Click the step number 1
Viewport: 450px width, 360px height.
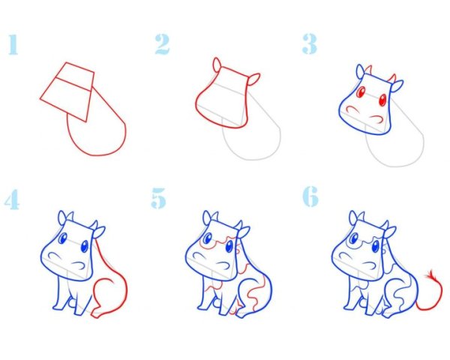[13, 44]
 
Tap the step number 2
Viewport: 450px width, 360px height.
[162, 44]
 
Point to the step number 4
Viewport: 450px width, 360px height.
[13, 199]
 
